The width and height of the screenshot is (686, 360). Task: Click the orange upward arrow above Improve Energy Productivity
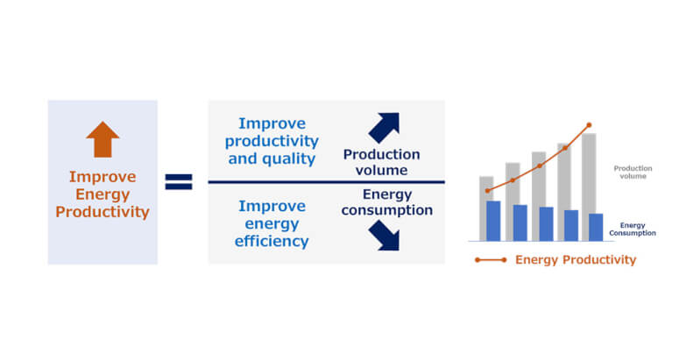[x=103, y=139]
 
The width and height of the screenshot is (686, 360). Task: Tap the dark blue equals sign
[x=179, y=182]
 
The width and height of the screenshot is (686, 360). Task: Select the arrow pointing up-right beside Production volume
[x=384, y=128]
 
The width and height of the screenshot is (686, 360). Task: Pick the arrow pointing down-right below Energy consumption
[x=384, y=235]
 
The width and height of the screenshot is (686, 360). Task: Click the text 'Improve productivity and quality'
[x=272, y=142]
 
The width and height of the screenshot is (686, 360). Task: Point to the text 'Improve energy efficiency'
[x=272, y=223]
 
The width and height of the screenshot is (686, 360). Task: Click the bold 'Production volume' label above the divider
[x=381, y=162]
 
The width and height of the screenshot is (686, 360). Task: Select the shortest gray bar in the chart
[x=486, y=188]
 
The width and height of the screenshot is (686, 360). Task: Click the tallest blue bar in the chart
[x=493, y=221]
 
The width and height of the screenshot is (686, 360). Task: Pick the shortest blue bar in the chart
[x=596, y=227]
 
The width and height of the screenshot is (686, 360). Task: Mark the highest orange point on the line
[x=589, y=125]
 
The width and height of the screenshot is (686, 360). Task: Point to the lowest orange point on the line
[x=487, y=190]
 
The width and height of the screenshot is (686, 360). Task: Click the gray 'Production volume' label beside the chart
[x=630, y=172]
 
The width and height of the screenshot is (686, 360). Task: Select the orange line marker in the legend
[x=490, y=260]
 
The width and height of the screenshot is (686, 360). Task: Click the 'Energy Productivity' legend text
[x=576, y=260]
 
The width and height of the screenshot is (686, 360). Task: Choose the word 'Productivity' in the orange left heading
[x=103, y=212]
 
